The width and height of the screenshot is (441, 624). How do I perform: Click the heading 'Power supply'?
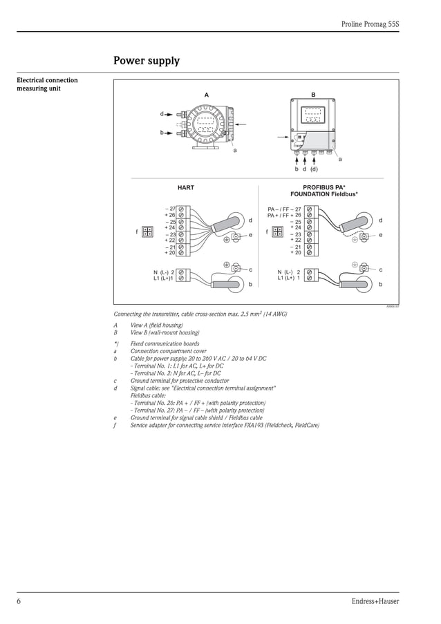tap(147, 61)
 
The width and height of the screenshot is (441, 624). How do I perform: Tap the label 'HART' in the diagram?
tap(186, 187)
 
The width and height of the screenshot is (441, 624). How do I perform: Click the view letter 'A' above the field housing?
tap(206, 94)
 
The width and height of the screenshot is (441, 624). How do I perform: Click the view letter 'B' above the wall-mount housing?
tap(313, 94)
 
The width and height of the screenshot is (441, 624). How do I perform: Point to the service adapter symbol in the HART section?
tap(147, 232)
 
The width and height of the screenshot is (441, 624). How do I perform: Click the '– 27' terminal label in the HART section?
tap(170, 209)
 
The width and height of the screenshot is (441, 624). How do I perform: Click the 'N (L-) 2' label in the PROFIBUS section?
tap(289, 272)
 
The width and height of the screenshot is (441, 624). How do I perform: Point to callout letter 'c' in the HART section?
tap(250, 269)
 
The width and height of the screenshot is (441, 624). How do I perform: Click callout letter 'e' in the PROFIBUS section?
tap(380, 235)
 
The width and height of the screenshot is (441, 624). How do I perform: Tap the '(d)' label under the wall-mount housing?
tap(314, 169)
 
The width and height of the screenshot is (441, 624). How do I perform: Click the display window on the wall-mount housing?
tap(312, 114)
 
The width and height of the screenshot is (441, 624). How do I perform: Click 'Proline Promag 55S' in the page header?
tap(370, 23)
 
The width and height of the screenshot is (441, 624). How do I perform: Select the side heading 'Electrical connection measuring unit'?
tap(47, 84)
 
